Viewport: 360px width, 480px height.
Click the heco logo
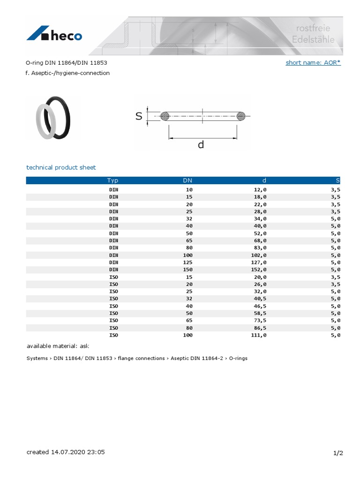coord(54,35)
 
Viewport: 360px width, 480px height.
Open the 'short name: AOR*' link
coord(313,62)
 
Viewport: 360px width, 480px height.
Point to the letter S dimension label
coord(139,116)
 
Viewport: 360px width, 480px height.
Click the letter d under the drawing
coord(201,145)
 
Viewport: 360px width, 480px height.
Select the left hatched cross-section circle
coord(165,116)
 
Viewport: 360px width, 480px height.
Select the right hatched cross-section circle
coord(240,116)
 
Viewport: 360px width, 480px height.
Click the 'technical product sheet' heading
coord(61,167)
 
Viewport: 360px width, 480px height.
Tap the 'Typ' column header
coord(112,180)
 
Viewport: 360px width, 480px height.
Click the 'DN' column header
coord(187,180)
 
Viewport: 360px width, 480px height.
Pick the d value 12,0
coord(259,189)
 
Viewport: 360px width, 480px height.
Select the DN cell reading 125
coord(187,262)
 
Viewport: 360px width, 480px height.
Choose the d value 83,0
coord(259,248)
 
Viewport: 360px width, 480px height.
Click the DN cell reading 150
coord(187,270)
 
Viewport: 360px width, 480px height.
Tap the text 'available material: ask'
coord(58,346)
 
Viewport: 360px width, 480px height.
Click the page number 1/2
coord(338,453)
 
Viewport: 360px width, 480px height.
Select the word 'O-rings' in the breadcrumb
coord(238,358)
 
